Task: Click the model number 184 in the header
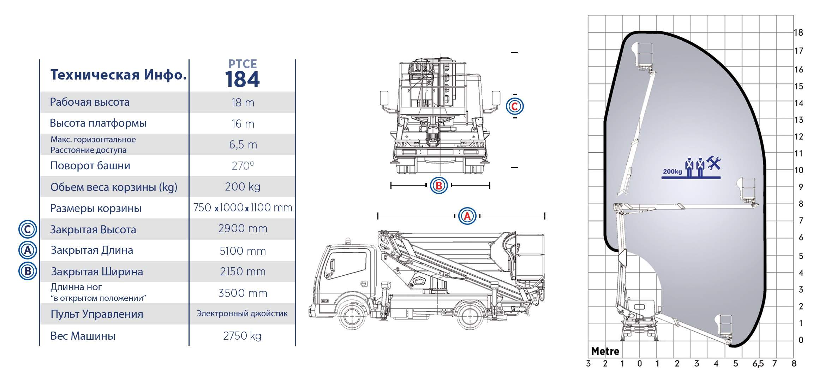click(242, 79)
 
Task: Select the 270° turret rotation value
click(243, 165)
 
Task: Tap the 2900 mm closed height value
click(243, 229)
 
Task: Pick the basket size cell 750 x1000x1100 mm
click(243, 207)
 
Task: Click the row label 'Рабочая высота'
click(90, 102)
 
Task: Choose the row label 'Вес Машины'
click(83, 335)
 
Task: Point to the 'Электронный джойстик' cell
click(242, 314)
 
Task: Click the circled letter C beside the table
click(28, 229)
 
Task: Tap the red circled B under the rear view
click(439, 185)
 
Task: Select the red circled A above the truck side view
click(467, 216)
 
